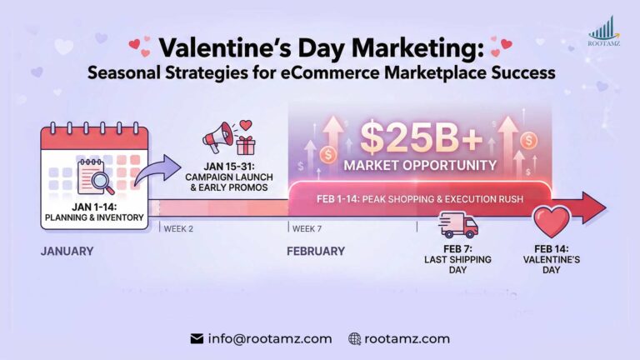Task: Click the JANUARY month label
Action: [67, 251]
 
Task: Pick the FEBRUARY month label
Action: [316, 251]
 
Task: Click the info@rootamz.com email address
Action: [270, 338]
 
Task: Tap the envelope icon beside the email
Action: [197, 339]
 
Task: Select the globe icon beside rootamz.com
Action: [354, 339]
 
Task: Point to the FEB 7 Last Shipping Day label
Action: [457, 259]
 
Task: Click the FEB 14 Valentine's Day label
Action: [556, 259]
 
